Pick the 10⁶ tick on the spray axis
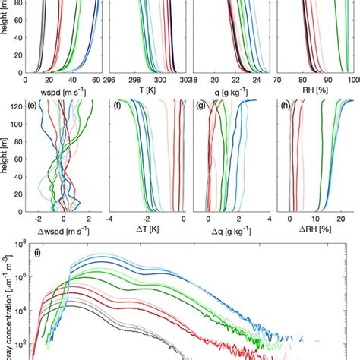point(16,279)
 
